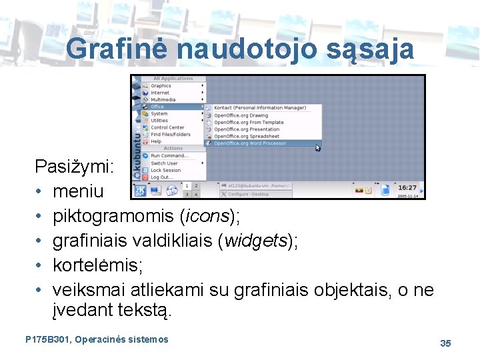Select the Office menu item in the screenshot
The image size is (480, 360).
point(157,107)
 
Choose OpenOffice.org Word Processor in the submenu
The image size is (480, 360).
point(250,143)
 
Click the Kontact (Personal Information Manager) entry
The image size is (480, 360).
point(259,107)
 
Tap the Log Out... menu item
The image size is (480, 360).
point(161,177)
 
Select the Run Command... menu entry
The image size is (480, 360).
point(169,156)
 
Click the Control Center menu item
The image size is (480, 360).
point(167,127)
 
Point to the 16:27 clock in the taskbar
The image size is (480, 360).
point(407,188)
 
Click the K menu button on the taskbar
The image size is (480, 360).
point(141,190)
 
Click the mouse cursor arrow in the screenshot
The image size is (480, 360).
point(318,147)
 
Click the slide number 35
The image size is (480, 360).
point(445,343)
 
